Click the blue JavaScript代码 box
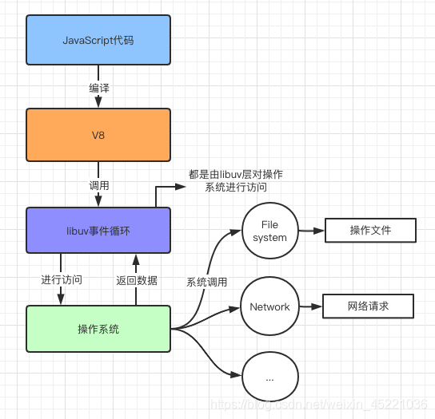[98, 39]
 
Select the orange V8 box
[98, 135]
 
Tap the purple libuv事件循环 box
[98, 231]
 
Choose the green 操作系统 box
[98, 329]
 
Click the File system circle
[269, 231]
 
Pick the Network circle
[269, 306]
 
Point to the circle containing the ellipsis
[269, 377]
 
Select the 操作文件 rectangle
[370, 231]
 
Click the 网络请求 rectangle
[368, 306]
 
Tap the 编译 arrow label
[98, 88]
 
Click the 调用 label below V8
[98, 185]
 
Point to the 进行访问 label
[62, 280]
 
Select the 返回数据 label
[136, 280]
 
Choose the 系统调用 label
[206, 282]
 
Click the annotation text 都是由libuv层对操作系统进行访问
[236, 181]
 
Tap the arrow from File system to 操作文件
[311, 231]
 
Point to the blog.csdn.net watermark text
[320, 405]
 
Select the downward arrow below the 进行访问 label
[62, 296]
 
